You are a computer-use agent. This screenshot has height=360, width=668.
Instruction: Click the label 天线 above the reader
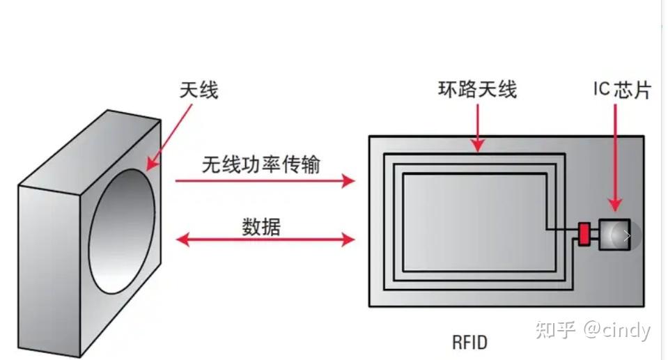pos(199,90)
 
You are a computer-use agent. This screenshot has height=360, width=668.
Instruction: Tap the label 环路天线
pos(477,90)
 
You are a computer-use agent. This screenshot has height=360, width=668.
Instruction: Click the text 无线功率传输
pos(261,164)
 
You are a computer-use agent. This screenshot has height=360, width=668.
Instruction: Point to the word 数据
pos(261,226)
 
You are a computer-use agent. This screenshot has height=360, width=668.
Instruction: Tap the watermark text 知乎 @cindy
pos(593,329)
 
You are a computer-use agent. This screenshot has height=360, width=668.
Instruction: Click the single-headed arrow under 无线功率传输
pos(265,181)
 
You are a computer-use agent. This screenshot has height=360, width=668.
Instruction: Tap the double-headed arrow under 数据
pos(265,240)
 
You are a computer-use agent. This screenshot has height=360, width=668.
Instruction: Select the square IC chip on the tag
pos(614,235)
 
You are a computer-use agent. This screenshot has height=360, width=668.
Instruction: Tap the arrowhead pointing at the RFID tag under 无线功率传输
pos(348,181)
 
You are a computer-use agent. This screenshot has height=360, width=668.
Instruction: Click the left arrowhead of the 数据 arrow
pos(182,240)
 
